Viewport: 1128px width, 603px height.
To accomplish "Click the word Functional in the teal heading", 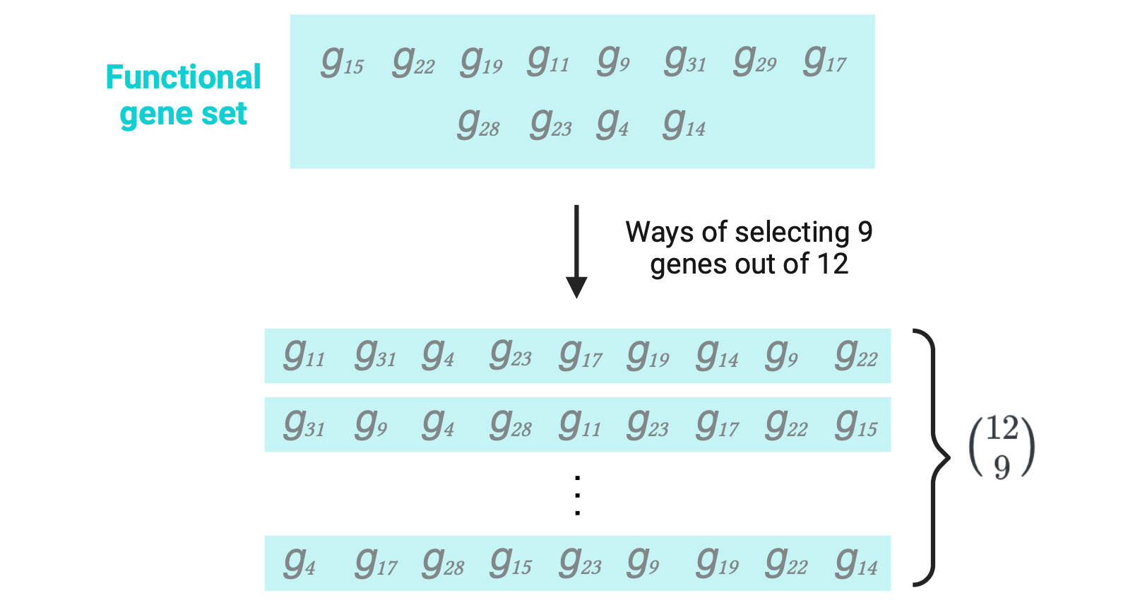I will point(183,77).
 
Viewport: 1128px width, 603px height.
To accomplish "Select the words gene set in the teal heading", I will point(183,114).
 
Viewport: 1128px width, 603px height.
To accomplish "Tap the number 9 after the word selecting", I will point(865,232).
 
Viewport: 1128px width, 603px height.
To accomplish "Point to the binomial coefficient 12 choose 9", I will point(1002,447).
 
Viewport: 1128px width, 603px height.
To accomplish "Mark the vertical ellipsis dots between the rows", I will point(578,496).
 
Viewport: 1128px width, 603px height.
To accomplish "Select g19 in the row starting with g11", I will point(648,355).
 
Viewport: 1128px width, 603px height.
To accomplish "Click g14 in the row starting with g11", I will point(717,355).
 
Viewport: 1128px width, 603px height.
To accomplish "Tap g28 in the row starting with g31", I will point(511,424).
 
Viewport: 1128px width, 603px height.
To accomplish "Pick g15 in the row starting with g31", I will point(856,424).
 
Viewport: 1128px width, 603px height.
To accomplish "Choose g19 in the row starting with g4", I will point(717,563).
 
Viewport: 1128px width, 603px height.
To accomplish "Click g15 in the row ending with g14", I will point(511,563).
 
